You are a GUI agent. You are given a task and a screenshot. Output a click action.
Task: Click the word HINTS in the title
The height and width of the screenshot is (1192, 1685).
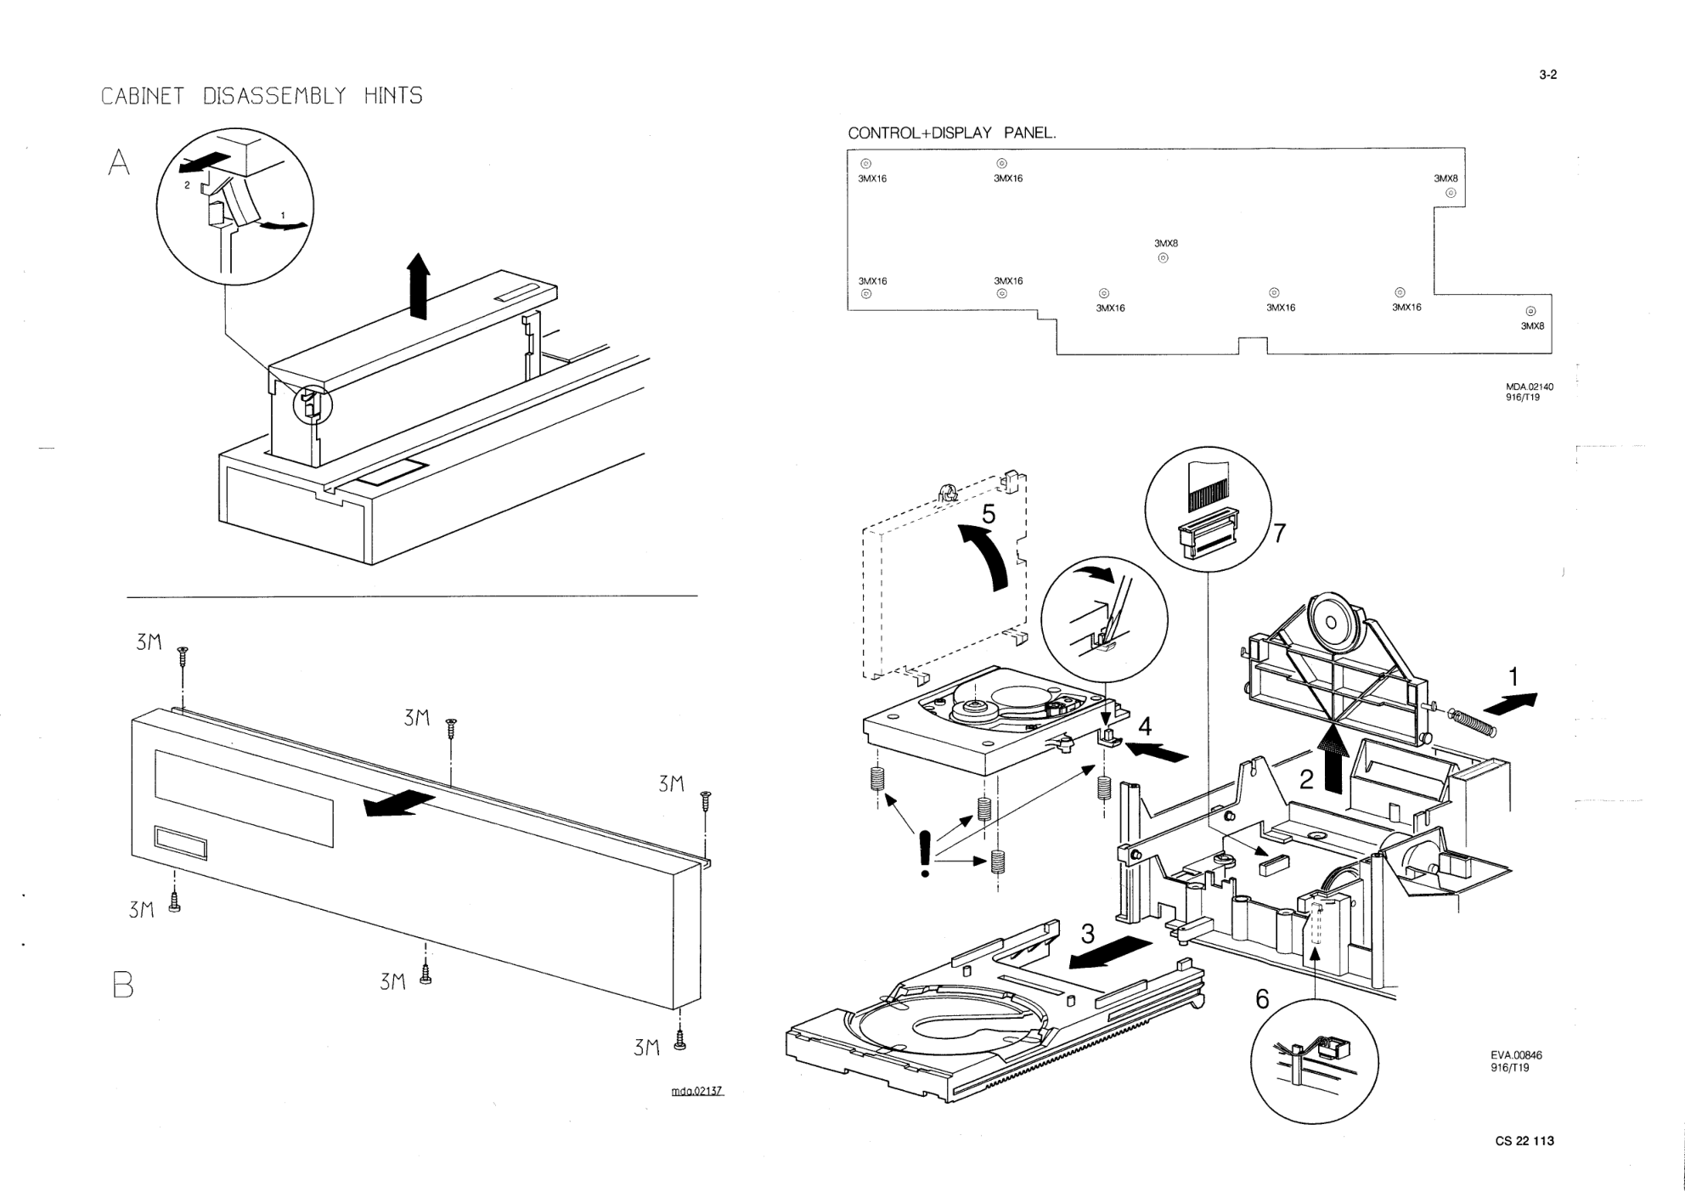(393, 96)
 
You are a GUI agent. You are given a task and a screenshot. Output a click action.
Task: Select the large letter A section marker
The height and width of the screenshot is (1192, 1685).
(120, 162)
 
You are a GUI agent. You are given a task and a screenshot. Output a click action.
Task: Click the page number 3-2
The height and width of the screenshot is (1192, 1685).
(1547, 75)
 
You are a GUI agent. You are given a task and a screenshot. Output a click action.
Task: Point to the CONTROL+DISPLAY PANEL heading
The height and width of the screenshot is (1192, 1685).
(951, 133)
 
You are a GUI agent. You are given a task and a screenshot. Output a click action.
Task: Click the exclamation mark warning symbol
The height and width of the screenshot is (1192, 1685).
(925, 853)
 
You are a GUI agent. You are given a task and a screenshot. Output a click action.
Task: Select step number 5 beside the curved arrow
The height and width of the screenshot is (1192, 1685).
(989, 514)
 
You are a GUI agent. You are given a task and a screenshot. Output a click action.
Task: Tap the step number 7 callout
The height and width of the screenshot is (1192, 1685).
(1279, 534)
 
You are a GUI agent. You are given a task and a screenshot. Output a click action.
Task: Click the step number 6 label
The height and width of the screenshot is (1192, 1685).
(1262, 1000)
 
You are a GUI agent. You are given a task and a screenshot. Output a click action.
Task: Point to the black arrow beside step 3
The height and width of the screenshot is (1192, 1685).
(1110, 952)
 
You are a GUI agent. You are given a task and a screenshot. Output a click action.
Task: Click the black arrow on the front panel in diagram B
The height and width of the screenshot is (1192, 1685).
(399, 802)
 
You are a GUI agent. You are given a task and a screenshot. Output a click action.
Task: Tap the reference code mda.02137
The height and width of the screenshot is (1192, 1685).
(696, 1091)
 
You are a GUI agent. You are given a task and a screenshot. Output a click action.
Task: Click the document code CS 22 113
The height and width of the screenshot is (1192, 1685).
(1524, 1141)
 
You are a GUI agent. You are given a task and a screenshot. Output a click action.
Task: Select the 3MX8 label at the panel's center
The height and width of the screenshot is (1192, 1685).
(1165, 244)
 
